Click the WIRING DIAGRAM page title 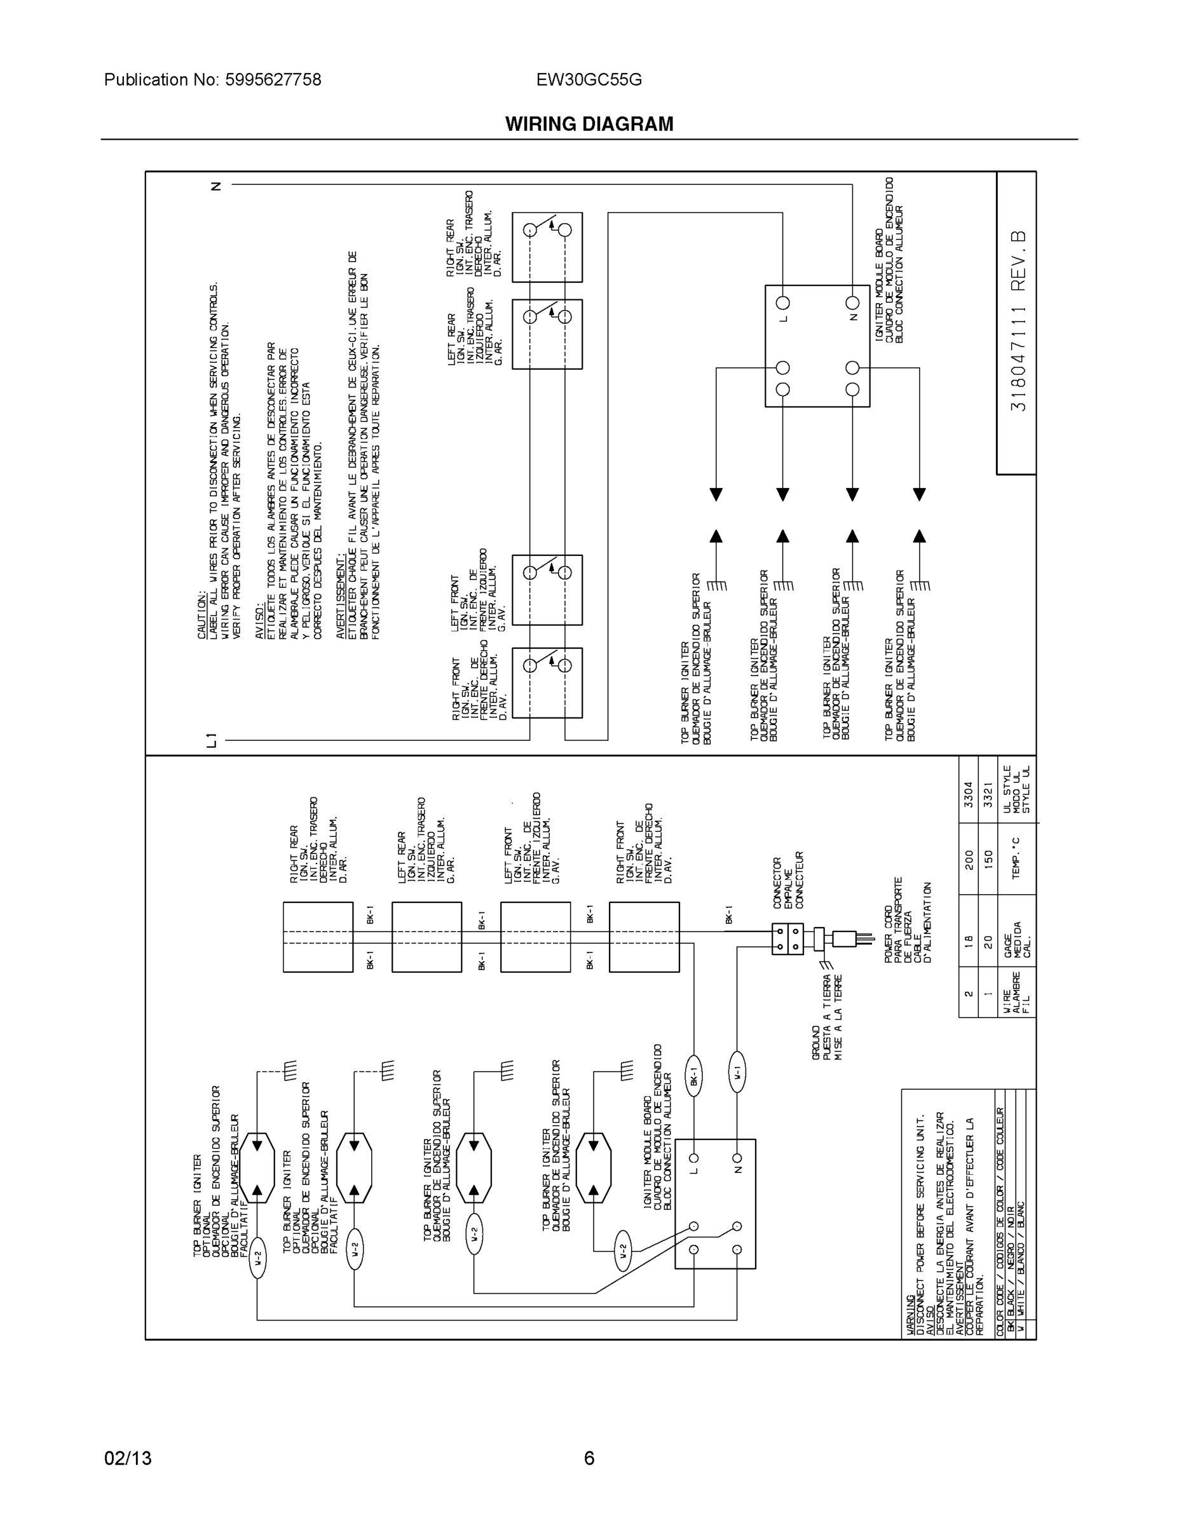click(589, 125)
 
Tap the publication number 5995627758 click(273, 79)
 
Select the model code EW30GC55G click(589, 79)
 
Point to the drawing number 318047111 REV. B click(1018, 321)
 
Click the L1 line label click(212, 740)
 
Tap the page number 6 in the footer click(589, 1458)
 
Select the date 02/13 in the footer click(128, 1458)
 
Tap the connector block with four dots click(787, 939)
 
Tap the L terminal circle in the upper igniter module click(783, 303)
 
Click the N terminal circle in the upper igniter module click(852, 303)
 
